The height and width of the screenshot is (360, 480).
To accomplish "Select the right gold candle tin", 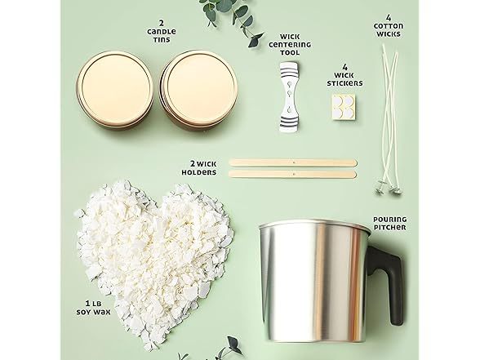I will [198, 88].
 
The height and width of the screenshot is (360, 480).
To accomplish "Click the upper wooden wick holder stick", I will [293, 162].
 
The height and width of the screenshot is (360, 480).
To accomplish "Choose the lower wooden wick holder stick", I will [293, 173].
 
